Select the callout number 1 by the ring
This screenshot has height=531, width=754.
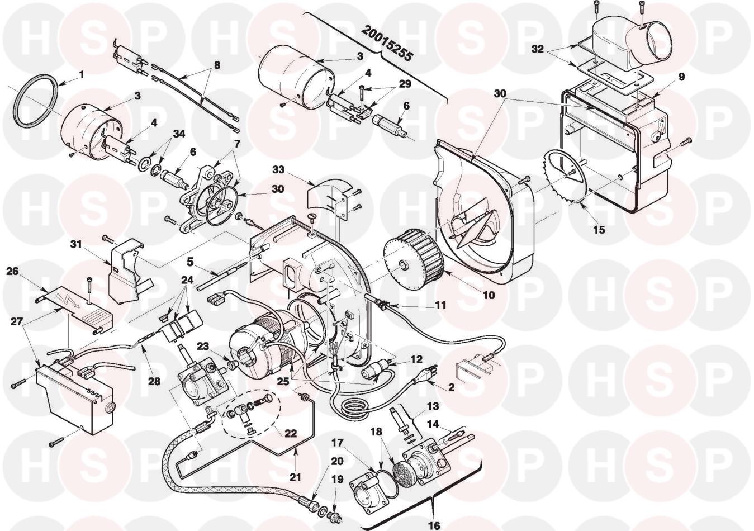click(82, 73)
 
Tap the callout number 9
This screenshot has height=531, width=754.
click(681, 75)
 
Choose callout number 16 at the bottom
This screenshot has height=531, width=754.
click(434, 525)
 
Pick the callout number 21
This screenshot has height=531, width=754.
click(296, 477)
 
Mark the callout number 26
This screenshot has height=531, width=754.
click(13, 271)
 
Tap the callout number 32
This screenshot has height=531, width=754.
click(538, 49)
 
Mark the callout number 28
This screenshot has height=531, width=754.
click(154, 382)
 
